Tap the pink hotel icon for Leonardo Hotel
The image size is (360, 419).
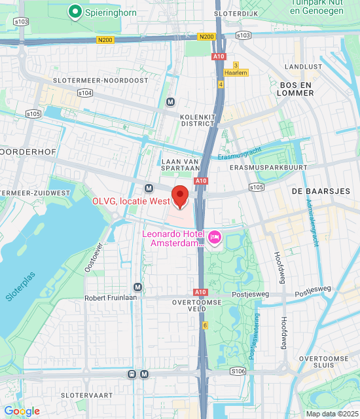coord(214,236)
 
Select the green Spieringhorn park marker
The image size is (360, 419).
coord(75,11)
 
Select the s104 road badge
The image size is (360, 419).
coord(84,94)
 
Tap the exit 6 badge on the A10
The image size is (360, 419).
coord(204,325)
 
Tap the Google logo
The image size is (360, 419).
coord(22,411)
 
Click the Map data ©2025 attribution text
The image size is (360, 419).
coord(332,413)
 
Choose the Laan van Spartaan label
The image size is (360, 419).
coord(179,164)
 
